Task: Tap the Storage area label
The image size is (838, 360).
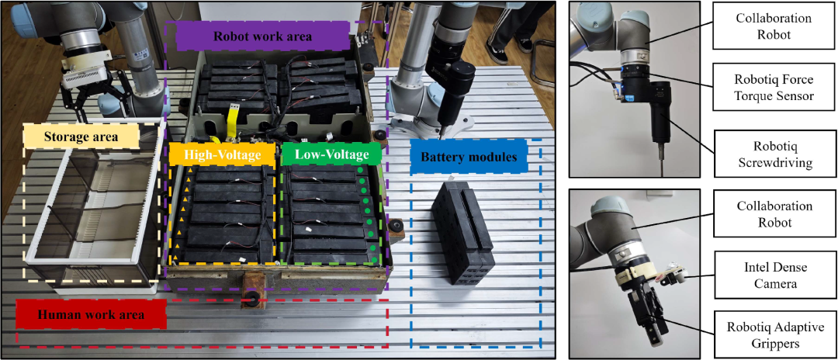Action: tap(81, 137)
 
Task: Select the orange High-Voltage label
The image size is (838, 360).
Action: tap(222, 154)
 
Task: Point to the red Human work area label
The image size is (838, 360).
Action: tap(91, 315)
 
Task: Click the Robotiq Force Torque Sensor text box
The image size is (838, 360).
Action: tap(769, 88)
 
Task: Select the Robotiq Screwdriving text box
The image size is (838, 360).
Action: tap(769, 155)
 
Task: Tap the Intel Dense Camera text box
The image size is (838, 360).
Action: tap(769, 275)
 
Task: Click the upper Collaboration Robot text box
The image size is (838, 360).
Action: tap(769, 26)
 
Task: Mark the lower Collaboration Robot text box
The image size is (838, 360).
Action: tap(769, 213)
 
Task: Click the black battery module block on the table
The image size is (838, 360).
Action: tap(462, 232)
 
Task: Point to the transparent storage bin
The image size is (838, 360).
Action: tap(94, 208)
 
